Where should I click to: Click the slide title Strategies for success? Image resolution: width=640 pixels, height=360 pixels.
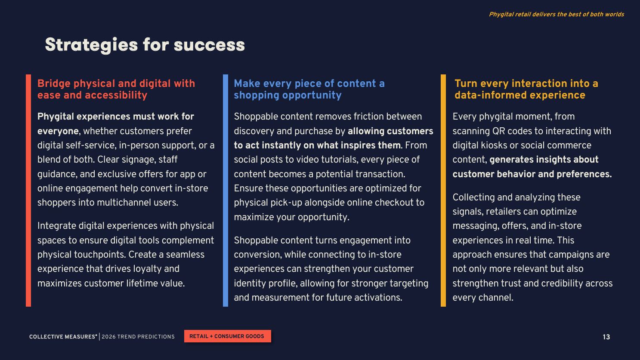(145, 45)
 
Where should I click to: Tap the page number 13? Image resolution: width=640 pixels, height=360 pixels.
(606, 337)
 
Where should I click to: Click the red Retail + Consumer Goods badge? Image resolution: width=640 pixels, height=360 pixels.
(227, 336)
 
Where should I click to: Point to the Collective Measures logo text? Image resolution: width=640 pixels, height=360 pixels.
(63, 337)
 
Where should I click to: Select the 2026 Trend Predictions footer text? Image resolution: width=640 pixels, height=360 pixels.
(138, 337)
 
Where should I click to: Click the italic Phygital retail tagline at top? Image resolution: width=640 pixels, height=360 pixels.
(556, 14)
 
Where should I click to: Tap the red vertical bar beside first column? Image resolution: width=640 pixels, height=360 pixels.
(28, 191)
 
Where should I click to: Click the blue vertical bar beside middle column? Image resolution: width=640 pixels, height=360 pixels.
(226, 191)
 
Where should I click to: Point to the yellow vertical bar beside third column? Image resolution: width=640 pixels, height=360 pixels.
(443, 191)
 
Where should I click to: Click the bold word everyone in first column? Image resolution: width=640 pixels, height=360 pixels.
(58, 131)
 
